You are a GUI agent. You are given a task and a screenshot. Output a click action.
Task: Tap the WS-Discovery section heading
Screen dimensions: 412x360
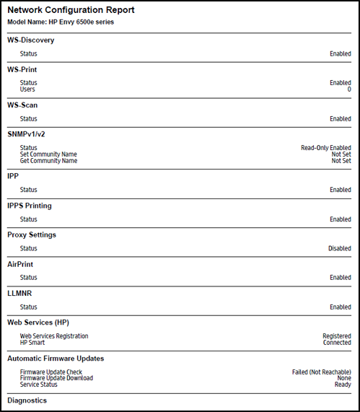30,40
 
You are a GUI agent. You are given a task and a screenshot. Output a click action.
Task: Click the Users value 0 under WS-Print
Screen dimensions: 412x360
349,89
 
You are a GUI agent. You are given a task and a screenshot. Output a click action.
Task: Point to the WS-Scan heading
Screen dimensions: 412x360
25,105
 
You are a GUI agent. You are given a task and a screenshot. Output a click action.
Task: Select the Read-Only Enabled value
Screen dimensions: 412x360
326,148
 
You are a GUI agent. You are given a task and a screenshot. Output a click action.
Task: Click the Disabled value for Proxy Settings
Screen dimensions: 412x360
340,248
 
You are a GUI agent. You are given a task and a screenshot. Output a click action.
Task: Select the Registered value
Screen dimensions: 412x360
337,336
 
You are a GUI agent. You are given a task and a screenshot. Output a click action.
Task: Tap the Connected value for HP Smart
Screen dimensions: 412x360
338,343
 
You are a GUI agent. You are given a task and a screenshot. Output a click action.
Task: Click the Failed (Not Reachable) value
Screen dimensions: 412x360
321,372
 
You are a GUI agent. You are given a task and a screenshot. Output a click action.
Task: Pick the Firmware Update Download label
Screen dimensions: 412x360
56,378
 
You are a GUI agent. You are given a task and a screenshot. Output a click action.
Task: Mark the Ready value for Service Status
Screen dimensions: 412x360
343,385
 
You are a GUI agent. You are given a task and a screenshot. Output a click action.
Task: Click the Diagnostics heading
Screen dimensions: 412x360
27,400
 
